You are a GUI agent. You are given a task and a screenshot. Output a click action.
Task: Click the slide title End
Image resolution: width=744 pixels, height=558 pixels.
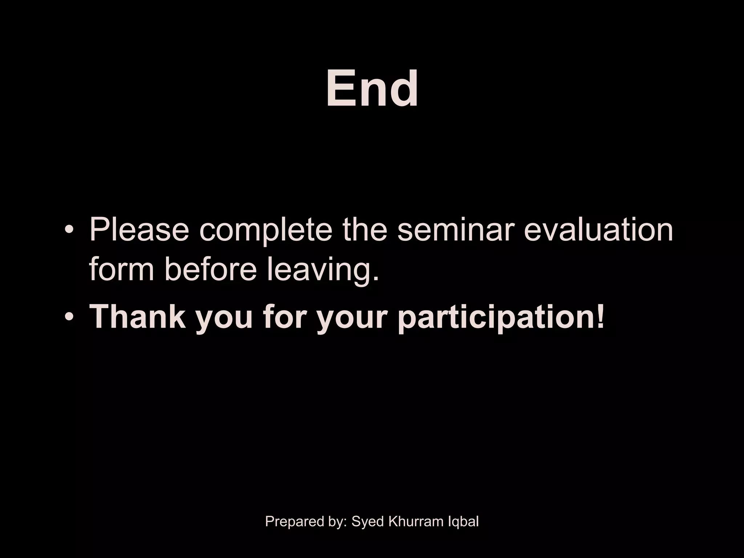point(372,89)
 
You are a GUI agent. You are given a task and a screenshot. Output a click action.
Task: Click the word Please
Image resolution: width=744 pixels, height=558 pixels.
point(139,230)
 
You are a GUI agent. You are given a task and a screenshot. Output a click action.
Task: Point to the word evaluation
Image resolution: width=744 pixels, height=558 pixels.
point(598,230)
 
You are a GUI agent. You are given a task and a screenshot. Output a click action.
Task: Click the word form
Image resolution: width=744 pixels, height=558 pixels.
point(121,270)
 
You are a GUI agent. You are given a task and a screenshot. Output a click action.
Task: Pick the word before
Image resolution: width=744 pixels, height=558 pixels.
point(211,270)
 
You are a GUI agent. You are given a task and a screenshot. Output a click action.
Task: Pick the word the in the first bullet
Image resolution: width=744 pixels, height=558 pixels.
point(365,230)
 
